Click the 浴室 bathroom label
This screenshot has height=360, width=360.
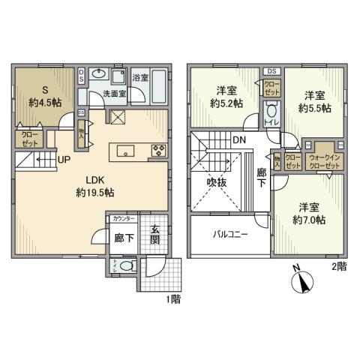point(141,77)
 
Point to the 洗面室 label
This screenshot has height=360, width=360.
point(114,94)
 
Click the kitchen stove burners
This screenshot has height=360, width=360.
point(159,148)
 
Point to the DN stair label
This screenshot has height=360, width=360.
point(237,140)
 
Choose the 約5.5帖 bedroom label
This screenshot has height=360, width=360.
point(314,103)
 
